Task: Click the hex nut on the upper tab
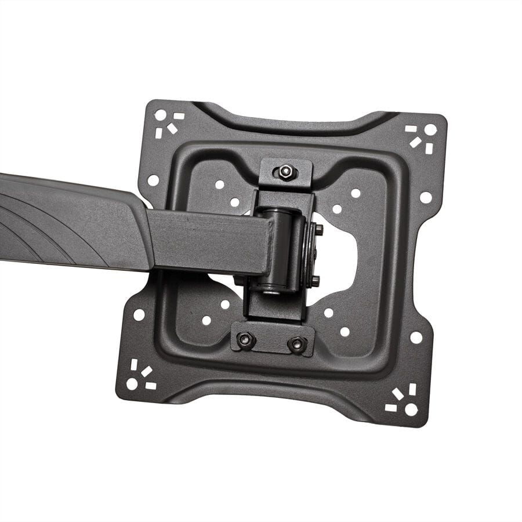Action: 285,172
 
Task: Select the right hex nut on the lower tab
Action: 297,344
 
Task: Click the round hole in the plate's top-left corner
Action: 160,115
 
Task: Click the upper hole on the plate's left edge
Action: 153,180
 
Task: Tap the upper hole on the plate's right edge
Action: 426,197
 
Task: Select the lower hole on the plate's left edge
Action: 139,315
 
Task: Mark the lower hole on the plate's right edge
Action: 416,337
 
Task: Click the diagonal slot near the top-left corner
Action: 172,129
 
